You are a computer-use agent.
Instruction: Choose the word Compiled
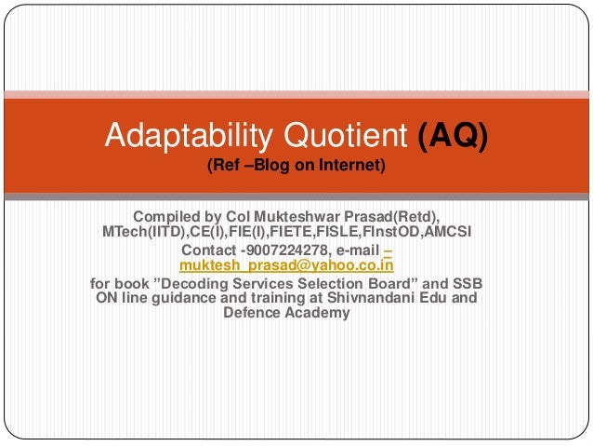coord(167,216)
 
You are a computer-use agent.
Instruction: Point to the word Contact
coord(209,250)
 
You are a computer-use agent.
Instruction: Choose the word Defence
coord(253,313)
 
